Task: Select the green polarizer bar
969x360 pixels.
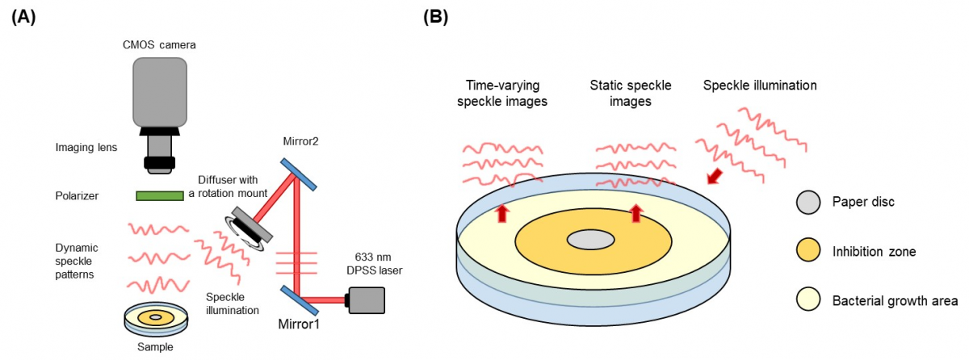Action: (158, 195)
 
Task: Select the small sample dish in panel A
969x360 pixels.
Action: (156, 318)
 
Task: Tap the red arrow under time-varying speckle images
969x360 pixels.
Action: (502, 213)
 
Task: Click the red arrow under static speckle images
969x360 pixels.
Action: (636, 213)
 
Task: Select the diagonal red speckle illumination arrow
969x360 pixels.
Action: (714, 175)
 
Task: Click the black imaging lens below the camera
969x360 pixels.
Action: (158, 153)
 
